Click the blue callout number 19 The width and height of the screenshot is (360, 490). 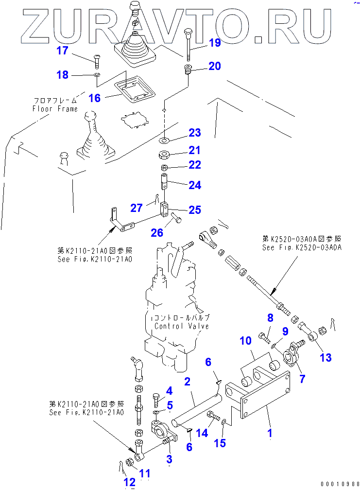pos(215,43)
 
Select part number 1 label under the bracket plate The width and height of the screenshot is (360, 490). pos(270,431)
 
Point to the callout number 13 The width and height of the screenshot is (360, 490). pos(326,358)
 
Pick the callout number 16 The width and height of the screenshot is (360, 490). pos(94,98)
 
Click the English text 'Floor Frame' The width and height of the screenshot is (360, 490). pos(55,109)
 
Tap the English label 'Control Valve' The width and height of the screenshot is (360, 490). pos(182,326)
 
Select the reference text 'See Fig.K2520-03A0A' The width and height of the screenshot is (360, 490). pos(302,247)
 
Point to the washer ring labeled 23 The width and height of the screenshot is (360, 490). pos(165,140)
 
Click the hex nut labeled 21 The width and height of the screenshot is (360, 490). pos(165,156)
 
